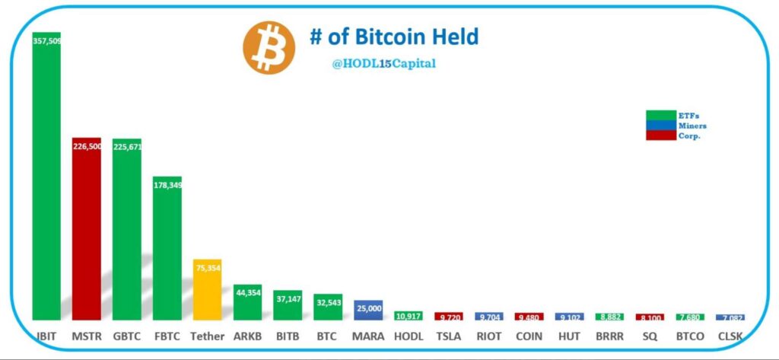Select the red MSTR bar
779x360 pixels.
87,228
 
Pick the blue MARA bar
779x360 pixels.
368,311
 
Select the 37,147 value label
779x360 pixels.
288,299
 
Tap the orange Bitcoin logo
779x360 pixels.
269,47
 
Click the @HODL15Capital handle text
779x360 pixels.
383,64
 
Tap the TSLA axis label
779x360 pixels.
448,336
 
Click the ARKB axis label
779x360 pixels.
247,336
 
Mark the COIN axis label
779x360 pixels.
529,336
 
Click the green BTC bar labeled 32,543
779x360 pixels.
328,308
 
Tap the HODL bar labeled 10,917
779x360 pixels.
408,316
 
